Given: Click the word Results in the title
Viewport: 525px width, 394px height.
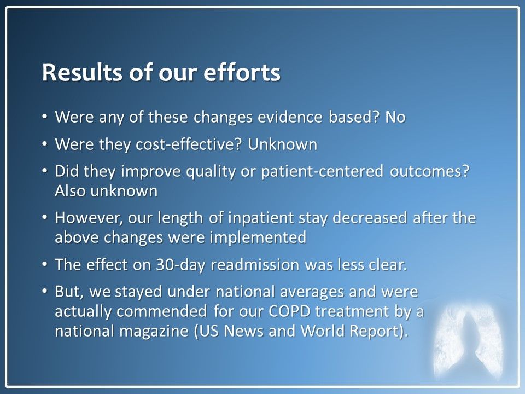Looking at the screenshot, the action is (x=83, y=72).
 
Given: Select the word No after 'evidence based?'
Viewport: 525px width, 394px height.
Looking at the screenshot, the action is (x=395, y=117).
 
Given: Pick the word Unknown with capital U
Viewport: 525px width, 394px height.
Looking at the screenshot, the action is (x=283, y=144).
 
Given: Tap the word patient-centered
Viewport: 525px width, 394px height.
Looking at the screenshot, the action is (x=322, y=171).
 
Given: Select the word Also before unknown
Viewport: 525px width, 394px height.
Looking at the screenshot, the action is (x=69, y=191).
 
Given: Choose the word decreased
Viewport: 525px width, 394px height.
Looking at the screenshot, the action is (x=370, y=218).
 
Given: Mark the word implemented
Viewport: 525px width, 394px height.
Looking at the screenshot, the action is (x=258, y=238).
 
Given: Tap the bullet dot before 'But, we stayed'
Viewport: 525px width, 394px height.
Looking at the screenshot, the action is (x=45, y=292).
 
